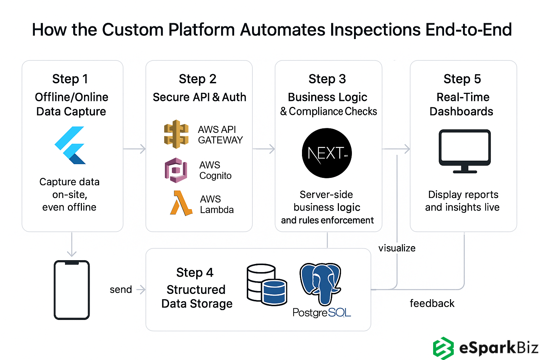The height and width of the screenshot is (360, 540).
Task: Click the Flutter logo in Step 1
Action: point(71,146)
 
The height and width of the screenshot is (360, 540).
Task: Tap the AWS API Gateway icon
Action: point(176,134)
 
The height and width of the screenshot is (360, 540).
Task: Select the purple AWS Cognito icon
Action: point(176,170)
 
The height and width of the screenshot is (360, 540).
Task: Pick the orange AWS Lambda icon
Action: point(181,203)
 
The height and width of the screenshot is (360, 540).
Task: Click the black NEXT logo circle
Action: point(327,153)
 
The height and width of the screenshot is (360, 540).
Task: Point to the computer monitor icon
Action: point(464,151)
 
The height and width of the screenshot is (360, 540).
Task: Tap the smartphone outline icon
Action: point(72,290)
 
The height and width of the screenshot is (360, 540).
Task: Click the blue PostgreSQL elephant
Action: point(320,283)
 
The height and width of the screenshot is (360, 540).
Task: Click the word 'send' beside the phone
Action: point(121,290)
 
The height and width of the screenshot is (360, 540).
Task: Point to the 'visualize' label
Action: point(397,248)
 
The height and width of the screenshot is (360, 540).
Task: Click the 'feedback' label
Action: point(432,303)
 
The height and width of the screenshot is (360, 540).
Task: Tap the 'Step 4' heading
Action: point(195,272)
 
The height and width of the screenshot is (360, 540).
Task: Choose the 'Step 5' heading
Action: point(462,79)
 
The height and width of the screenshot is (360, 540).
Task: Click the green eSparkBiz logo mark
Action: point(443,348)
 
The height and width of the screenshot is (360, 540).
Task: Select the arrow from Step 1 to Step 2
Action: point(135,149)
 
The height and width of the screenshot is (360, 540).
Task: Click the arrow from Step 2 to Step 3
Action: point(264,149)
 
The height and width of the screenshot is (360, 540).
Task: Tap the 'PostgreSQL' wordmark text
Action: point(322,312)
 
